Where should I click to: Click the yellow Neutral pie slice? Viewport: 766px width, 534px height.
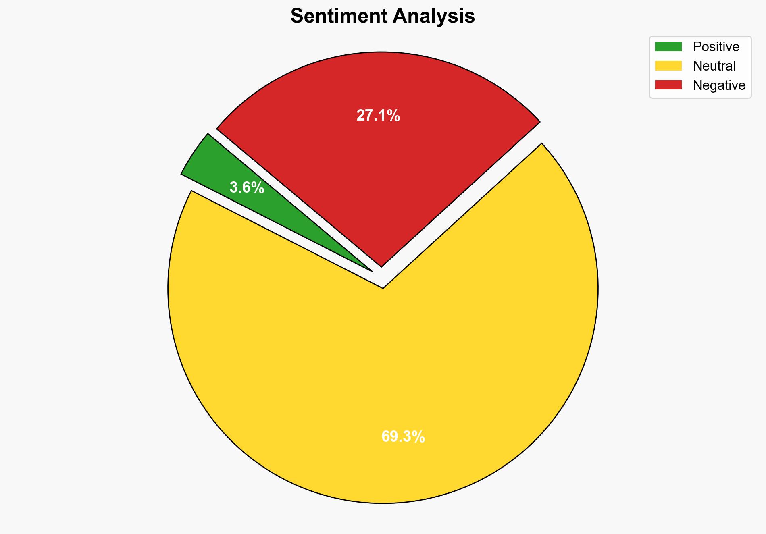click(383, 363)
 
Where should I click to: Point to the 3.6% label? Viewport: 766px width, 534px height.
click(247, 188)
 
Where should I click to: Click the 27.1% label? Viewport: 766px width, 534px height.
click(378, 116)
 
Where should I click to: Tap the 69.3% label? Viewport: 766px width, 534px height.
click(403, 437)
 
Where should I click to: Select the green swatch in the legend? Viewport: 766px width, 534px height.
click(668, 47)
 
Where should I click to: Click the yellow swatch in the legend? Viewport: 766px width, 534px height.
click(668, 66)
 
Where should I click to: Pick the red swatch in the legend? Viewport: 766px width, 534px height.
click(668, 85)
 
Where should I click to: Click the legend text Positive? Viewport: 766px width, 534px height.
click(716, 47)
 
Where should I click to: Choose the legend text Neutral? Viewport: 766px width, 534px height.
click(714, 66)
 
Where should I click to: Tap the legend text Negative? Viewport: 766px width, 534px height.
click(719, 85)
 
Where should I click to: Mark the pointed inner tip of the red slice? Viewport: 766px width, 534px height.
click(381, 266)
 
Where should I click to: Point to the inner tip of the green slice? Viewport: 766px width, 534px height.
click(371, 270)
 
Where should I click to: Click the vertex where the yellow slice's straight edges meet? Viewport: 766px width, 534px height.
click(383, 288)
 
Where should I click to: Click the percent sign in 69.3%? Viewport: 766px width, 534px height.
click(418, 437)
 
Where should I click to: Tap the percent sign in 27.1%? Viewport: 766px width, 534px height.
click(393, 116)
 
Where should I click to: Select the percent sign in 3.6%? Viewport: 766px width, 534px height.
click(258, 188)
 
